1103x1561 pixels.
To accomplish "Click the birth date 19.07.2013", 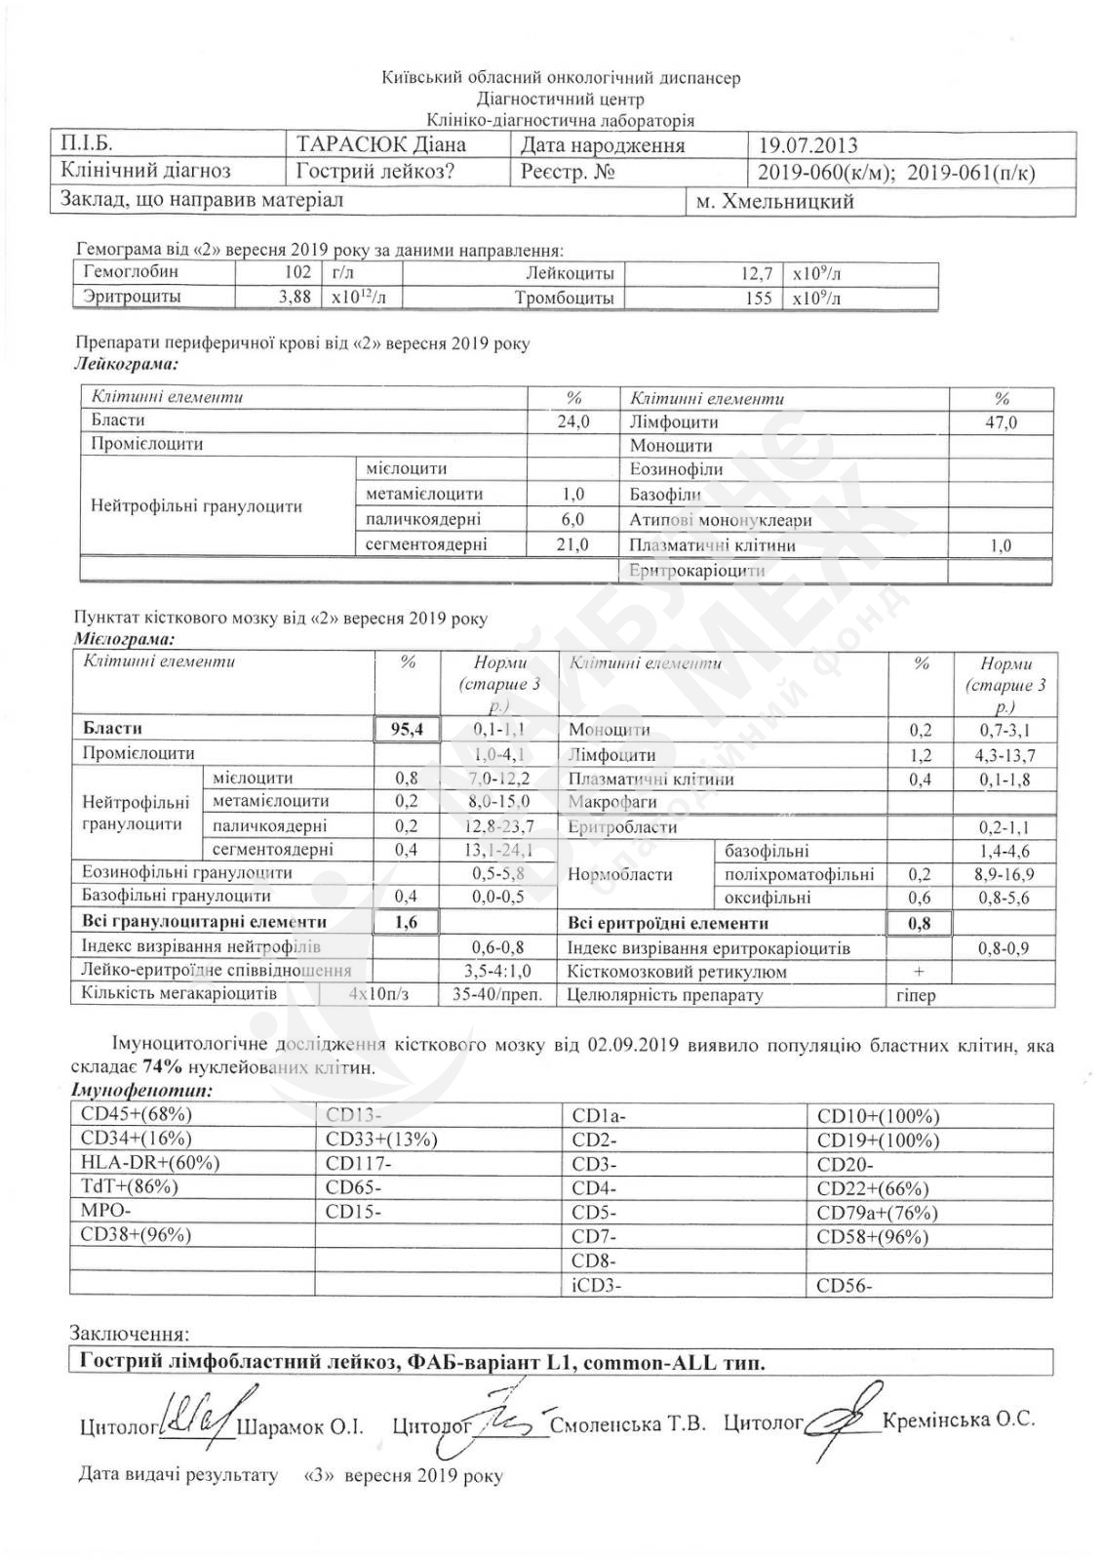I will [808, 146].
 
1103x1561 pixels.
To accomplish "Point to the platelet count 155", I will [758, 299].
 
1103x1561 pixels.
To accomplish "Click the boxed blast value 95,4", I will [408, 729].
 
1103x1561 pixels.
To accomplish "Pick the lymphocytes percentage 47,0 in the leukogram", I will [1001, 422].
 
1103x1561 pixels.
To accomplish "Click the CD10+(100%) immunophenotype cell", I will [878, 1116].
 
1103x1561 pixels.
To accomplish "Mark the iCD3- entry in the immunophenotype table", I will [596, 1285].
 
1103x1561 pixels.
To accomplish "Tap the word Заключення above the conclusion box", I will [130, 1334].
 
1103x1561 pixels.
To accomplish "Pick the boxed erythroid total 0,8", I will [918, 922].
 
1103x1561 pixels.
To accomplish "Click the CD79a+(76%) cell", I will [878, 1213].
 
